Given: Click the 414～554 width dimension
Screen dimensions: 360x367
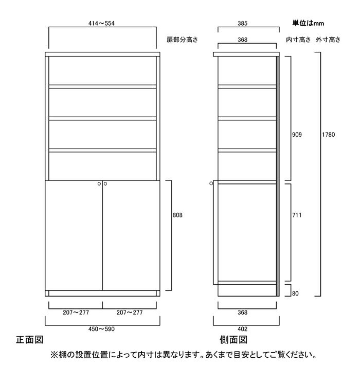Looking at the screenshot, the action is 101,23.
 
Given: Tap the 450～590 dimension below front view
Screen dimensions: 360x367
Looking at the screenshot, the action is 101,329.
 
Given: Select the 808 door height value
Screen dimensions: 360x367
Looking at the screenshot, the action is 177,215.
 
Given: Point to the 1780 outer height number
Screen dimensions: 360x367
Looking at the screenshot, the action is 329,134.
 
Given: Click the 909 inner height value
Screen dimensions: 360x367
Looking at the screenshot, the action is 297,134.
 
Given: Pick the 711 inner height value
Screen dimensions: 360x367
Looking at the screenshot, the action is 297,215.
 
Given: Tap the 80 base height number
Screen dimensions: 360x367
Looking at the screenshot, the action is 295,293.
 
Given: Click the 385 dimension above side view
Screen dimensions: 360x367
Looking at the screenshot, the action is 242,23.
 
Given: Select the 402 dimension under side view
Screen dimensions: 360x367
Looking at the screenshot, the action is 242,329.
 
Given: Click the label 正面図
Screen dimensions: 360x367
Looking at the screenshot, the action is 29,340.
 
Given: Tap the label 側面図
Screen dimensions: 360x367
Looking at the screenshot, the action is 233,340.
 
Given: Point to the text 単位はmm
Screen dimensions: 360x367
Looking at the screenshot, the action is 308,23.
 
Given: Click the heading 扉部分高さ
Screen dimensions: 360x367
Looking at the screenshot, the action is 182,40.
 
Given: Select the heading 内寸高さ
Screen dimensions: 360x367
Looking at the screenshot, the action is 298,40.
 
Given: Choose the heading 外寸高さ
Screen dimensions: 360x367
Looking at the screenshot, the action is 328,40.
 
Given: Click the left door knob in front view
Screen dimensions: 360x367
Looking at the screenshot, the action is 99,183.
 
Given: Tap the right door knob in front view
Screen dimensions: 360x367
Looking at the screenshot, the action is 105,183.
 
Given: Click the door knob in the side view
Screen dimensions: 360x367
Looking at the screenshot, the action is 211,183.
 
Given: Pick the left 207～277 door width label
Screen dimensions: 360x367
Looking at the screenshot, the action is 76,312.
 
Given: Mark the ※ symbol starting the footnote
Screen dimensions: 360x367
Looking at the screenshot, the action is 55,355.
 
